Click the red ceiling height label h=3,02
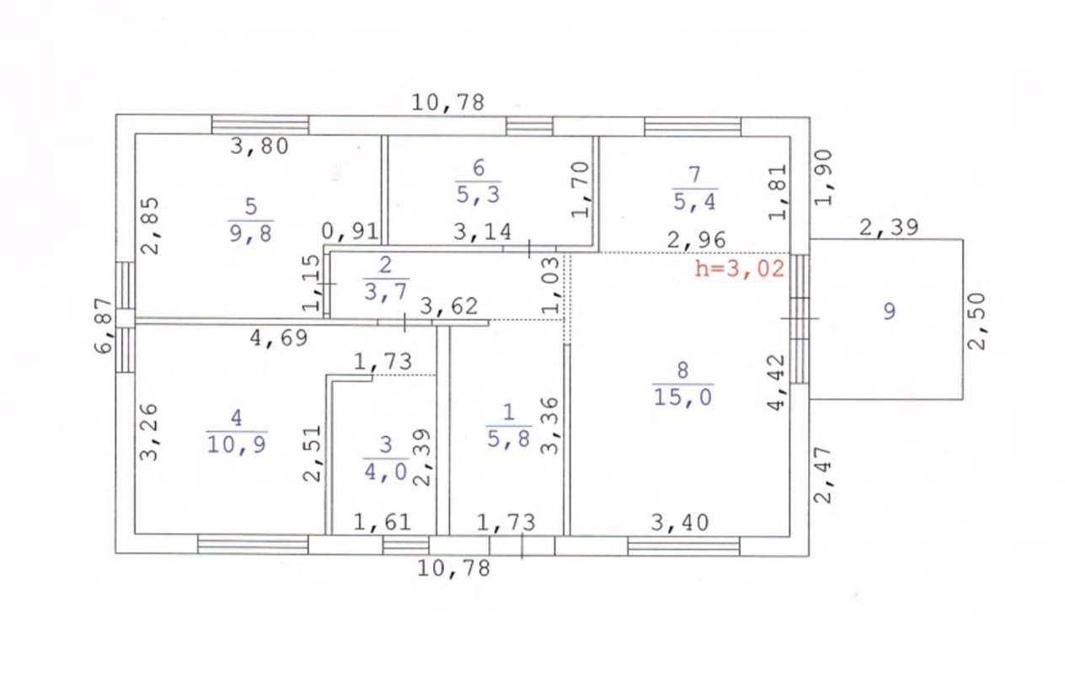pos(739,269)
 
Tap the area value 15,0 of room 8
pos(682,397)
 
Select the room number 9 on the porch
pos(889,312)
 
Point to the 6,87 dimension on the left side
pos(104,326)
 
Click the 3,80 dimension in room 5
pos(260,146)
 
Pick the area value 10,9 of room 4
pos(236,445)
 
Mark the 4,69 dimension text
pos(279,338)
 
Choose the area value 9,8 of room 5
pos(250,233)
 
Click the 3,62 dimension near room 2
pos(449,306)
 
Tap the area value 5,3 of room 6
pos(479,194)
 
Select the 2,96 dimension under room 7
pos(696,240)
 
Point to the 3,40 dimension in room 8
pos(679,523)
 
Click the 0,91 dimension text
pos(350,232)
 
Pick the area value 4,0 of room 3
pos(386,471)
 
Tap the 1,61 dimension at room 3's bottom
pos(383,522)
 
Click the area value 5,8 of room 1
pos(509,439)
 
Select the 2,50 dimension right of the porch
pos(977,322)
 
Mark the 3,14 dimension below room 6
pos(482,232)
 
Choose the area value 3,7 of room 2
pos(386,291)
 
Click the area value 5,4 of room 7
pos(694,201)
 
